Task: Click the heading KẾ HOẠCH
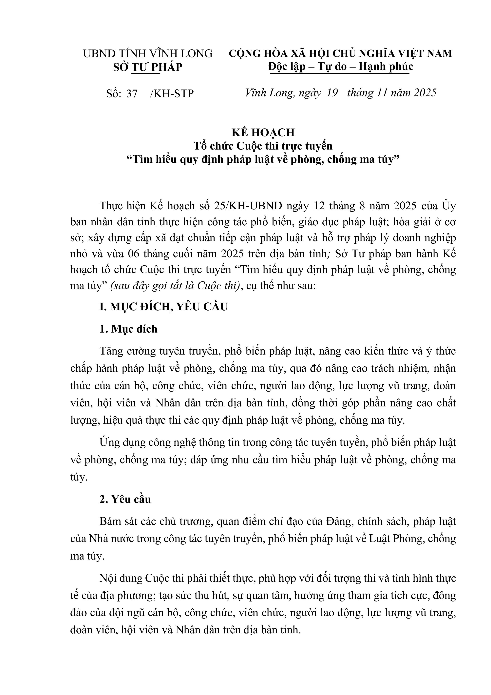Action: tap(263, 133)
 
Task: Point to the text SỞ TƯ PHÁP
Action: tap(148, 67)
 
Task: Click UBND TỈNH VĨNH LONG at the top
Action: tap(148, 54)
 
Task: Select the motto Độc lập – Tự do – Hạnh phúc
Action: tap(340, 66)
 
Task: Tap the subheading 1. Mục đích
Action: tap(128, 329)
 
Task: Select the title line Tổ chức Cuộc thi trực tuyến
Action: tap(263, 146)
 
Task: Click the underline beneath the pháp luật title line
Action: tap(264, 168)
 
